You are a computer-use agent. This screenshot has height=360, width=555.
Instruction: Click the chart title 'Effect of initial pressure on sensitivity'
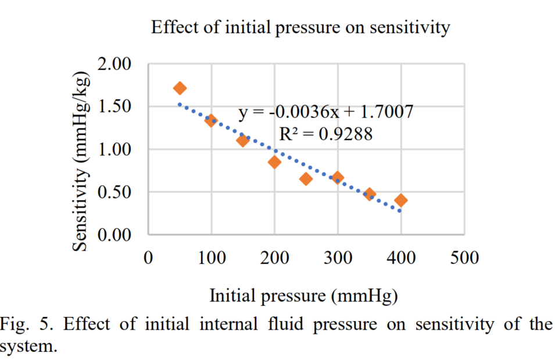pos(300,28)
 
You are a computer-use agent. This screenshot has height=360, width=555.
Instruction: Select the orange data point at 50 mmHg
pos(180,88)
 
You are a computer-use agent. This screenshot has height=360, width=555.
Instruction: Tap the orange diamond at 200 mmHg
pos(274,162)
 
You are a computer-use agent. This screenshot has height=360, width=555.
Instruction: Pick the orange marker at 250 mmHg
pos(306,179)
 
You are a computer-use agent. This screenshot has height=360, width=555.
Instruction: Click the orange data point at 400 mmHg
pos(400,200)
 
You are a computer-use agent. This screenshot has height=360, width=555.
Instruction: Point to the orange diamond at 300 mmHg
pos(338,177)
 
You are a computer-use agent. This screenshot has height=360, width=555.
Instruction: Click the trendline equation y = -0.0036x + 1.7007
pos(325,112)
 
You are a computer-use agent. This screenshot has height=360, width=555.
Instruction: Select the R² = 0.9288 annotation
pos(325,134)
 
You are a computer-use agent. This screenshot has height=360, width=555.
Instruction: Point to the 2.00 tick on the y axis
pos(114,64)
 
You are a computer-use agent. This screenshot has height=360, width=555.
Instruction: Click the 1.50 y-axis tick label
pos(114,106)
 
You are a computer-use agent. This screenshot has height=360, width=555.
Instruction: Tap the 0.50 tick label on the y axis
pos(114,192)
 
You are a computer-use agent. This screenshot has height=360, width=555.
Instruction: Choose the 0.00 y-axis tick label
pos(114,234)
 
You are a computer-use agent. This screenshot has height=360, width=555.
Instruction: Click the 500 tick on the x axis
pos(464,258)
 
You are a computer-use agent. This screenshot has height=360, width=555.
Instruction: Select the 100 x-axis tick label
pos(212,258)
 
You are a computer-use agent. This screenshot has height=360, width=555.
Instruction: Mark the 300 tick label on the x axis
pos(338,258)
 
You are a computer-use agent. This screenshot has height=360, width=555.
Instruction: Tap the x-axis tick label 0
pos(148,258)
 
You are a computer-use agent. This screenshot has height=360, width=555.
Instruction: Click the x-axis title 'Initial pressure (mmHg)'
pos(304,296)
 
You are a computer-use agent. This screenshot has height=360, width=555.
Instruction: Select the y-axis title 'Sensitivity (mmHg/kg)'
pos(80,162)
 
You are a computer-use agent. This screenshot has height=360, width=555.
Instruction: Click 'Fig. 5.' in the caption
pos(26,324)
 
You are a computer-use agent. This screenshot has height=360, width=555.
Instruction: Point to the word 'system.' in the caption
pos(28,347)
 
